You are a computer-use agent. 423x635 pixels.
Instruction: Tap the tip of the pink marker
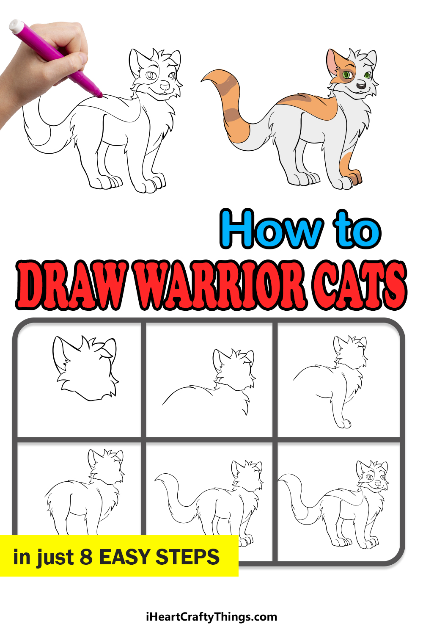click(100, 96)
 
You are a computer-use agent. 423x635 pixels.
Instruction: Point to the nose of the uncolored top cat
click(165, 86)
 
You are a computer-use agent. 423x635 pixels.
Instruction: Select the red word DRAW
click(72, 284)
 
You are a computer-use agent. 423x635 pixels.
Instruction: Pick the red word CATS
click(360, 284)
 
